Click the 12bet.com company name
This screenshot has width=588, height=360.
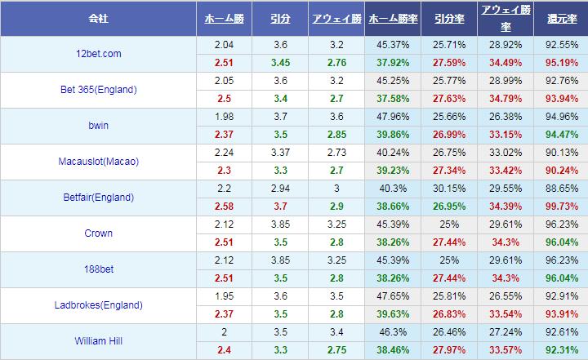click(x=97, y=54)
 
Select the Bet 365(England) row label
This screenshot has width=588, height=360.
click(x=97, y=90)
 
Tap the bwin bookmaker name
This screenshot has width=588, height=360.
click(x=97, y=126)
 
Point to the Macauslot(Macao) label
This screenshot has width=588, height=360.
click(x=97, y=162)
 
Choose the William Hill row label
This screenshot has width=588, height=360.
click(x=97, y=340)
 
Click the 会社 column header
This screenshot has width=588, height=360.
click(x=97, y=17)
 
